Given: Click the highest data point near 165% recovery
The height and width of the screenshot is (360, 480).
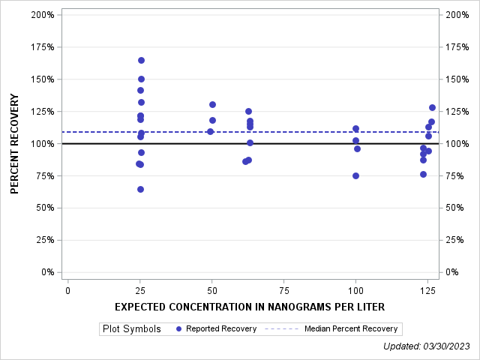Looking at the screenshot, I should pos(141,60).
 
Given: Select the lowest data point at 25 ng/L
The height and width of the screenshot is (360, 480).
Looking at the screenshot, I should pos(140,189).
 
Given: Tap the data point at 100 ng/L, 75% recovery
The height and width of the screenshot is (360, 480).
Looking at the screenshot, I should pos(355,175).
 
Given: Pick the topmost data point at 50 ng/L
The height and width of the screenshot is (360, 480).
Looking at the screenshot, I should pos(212,104).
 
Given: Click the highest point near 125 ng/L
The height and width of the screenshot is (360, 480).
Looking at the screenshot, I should pos(432,107).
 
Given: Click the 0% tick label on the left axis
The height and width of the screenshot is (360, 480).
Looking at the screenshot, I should pos(46,272).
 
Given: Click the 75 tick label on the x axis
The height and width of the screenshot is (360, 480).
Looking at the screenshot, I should pos(283,290).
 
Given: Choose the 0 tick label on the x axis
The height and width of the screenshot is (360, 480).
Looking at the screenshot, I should pos(68,290).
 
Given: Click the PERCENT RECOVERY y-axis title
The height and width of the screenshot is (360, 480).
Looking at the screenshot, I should pos(15,143).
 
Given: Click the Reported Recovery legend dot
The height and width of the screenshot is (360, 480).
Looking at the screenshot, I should pos(178,328).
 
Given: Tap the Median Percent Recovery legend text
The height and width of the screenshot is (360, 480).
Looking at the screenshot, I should pos(352,328).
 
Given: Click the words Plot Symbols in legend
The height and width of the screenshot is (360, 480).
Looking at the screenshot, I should pos(132,328).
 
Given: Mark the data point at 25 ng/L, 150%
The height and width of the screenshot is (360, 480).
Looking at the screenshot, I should pos(141,79).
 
